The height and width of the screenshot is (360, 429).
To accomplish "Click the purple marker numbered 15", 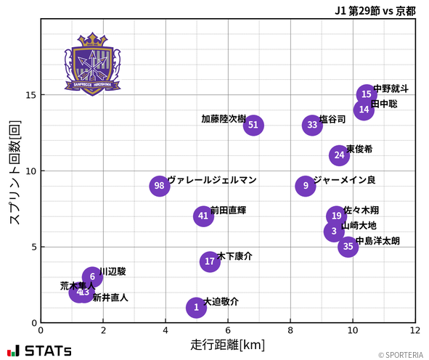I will point(367,94).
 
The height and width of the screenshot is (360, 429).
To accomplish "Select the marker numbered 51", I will point(253,125).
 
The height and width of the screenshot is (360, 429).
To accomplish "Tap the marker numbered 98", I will point(160,186).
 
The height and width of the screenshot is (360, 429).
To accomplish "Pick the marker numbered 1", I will point(196,308).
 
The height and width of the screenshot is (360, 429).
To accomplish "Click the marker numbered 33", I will point(312,125).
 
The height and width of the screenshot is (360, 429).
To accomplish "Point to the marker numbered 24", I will point(339,155).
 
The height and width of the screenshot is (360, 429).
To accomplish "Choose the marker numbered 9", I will point(306,186).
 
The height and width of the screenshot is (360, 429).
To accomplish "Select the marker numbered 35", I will point(348,247).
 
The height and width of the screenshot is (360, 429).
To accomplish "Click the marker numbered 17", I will point(210,261).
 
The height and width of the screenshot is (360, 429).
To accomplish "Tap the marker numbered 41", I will point(203,216).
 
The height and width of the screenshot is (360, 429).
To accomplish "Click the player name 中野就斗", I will point(391,89).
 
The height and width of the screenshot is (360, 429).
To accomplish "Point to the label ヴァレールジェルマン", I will point(212,180).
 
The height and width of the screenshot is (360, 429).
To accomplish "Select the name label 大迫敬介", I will point(221,301).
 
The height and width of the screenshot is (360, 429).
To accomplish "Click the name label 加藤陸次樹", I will point(224,119).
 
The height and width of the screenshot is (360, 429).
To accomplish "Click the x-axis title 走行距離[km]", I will point(227,344).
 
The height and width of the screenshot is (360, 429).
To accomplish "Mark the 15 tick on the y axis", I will point(29,95).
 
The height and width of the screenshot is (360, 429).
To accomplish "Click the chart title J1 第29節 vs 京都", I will point(375,11).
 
